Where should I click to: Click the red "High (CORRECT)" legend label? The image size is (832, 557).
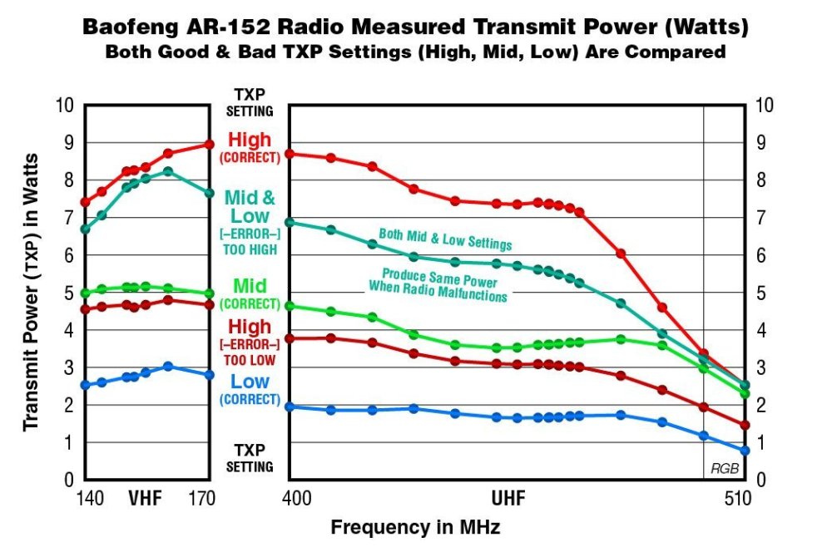[x=250, y=146]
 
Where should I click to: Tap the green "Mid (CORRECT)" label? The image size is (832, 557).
[x=250, y=293]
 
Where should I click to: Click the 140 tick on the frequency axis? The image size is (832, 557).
[x=90, y=499]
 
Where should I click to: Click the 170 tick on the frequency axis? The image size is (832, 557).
[x=203, y=499]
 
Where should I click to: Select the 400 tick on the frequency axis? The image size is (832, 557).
[x=297, y=499]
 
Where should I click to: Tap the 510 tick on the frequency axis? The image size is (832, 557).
[x=738, y=499]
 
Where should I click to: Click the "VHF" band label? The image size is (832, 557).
[x=145, y=499]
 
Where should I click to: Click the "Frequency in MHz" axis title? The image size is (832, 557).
[x=415, y=527]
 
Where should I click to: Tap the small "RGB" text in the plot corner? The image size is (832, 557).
[x=724, y=469]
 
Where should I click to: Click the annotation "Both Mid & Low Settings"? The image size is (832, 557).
[x=445, y=239]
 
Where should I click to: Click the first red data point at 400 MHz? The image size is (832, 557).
[x=289, y=154]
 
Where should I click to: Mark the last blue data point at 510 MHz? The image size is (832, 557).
[x=745, y=451]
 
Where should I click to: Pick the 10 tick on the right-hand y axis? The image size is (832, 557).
[x=763, y=105]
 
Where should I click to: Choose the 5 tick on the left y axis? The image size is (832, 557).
[x=70, y=293]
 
